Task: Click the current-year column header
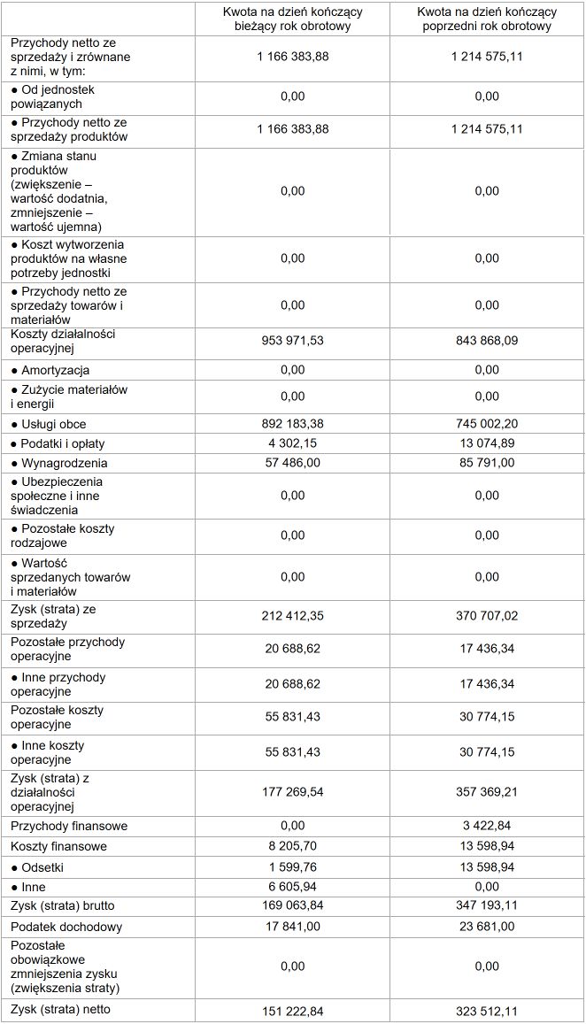pyautogui.click(x=292, y=19)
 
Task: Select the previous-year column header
pyautogui.click(x=486, y=19)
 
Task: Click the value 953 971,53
pyautogui.click(x=292, y=342)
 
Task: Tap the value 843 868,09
pyautogui.click(x=486, y=342)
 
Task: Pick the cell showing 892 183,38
pyautogui.click(x=292, y=424)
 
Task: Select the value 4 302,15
pyautogui.click(x=292, y=443)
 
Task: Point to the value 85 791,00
pyautogui.click(x=486, y=463)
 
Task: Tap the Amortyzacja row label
pyautogui.click(x=55, y=371)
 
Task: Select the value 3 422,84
pyautogui.click(x=486, y=826)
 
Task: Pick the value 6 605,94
pyautogui.click(x=292, y=887)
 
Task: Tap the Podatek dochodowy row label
pyautogui.click(x=66, y=928)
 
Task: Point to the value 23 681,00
pyautogui.click(x=486, y=927)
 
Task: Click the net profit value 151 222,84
pyautogui.click(x=292, y=1011)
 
